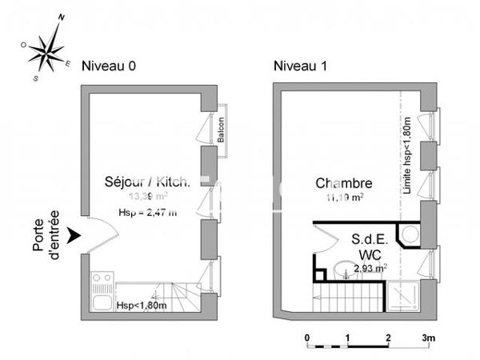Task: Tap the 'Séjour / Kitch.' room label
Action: [147, 182]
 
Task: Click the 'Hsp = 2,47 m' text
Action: [147, 212]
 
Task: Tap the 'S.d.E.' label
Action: [370, 239]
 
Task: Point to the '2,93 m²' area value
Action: [370, 269]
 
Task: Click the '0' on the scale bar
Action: [308, 338]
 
